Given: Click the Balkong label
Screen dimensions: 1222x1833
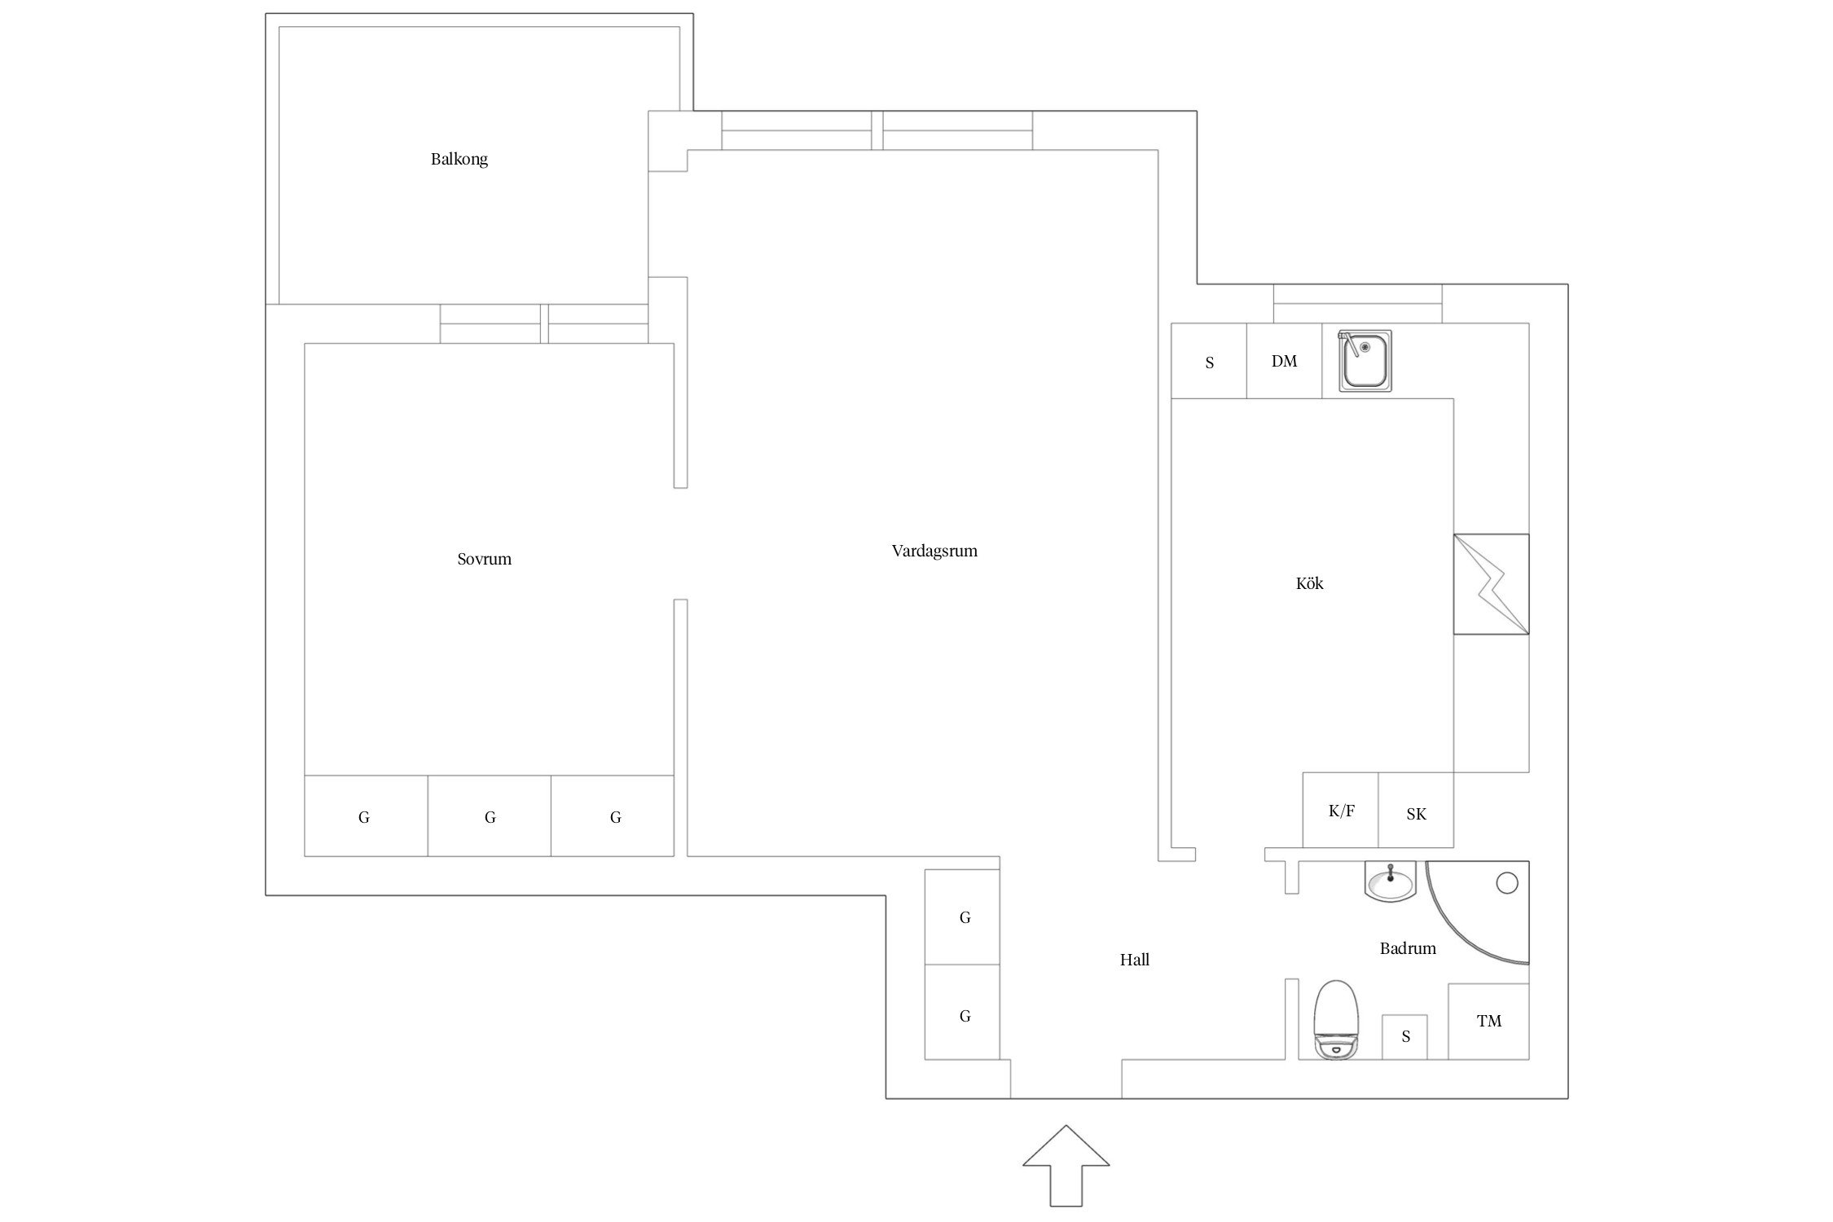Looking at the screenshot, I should [459, 159].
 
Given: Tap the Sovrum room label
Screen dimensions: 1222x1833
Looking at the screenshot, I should [484, 559].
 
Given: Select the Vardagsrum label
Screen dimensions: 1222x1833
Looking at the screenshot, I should [934, 551].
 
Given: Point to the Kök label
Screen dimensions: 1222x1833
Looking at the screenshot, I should [1309, 583].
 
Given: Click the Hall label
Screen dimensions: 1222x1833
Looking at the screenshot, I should [1134, 960].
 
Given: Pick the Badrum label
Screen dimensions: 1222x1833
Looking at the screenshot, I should [1407, 948].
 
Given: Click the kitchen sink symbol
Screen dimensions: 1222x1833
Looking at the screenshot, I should [1365, 361].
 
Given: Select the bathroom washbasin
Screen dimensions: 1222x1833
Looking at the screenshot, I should [1391, 882].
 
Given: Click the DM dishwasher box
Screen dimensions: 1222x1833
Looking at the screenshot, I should [1284, 361].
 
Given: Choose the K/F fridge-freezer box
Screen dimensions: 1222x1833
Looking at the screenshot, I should [1340, 811].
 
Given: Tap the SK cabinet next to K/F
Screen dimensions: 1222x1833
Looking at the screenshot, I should [1416, 813].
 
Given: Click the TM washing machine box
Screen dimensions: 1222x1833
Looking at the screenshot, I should [1488, 1021].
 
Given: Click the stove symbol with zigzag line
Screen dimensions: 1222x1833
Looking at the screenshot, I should [1491, 583].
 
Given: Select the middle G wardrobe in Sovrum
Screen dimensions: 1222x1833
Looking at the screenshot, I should [490, 816].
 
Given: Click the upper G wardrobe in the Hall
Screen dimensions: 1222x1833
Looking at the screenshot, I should [964, 917].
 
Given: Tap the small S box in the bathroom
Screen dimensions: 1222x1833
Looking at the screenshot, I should [1404, 1036].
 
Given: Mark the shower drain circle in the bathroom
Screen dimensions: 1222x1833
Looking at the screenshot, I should [1507, 882].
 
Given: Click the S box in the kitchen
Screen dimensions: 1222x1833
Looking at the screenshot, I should [1209, 363].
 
